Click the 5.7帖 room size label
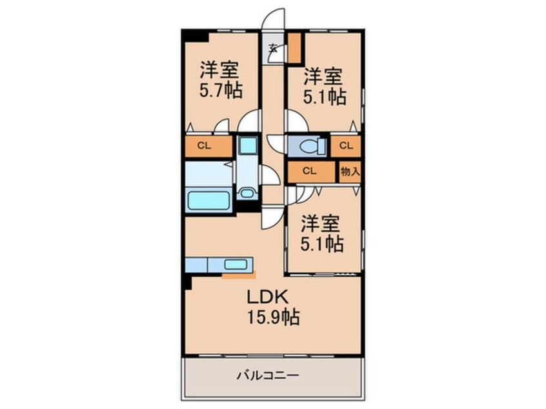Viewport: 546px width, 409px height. (x=221, y=91)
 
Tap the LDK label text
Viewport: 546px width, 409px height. (x=267, y=297)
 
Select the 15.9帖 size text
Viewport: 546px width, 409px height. (x=273, y=317)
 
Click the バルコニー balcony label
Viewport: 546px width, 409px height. (x=268, y=375)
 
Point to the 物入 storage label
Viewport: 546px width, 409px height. (x=350, y=171)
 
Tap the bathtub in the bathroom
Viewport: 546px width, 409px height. (x=208, y=201)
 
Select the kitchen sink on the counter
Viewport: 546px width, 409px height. (x=236, y=264)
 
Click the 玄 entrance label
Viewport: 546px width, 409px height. (x=274, y=48)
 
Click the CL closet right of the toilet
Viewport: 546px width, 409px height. (x=345, y=146)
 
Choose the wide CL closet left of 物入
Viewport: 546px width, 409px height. (x=311, y=171)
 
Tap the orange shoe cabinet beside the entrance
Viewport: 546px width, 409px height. (x=294, y=48)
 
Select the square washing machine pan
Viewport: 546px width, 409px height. (x=248, y=145)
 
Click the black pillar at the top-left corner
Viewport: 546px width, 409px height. (x=196, y=35)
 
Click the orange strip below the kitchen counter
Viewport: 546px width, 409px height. (x=239, y=276)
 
